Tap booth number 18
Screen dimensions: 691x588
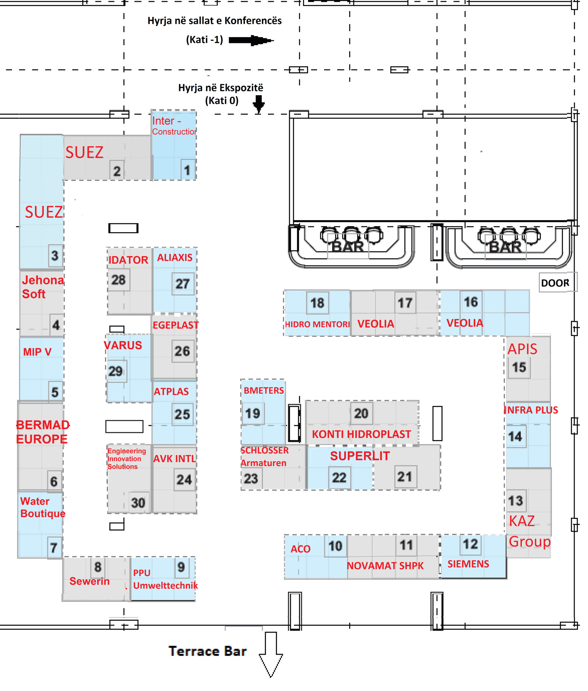pos(317,303)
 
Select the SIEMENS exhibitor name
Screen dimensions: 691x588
pos(468,564)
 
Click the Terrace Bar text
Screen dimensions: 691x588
pos(207,651)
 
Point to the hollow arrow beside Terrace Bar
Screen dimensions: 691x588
pos(271,654)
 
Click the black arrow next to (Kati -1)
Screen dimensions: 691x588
pos(251,40)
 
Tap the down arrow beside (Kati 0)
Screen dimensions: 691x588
pos(258,103)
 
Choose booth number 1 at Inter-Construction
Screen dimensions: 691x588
pos(187,170)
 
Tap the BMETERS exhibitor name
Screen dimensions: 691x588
pos(264,391)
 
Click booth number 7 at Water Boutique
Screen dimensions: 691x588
pos(54,548)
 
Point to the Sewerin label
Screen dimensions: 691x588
pos(89,581)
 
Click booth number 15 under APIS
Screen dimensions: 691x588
pos(519,367)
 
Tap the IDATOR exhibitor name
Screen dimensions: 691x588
pos(128,260)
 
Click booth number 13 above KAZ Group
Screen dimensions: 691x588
pos(515,501)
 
